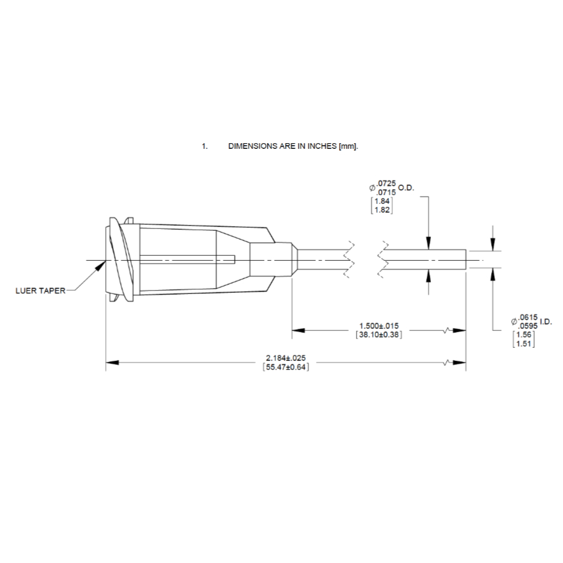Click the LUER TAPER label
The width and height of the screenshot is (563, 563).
tap(40, 290)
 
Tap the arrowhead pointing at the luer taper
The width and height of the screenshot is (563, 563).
tap(101, 266)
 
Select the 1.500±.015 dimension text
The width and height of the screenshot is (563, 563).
tap(379, 326)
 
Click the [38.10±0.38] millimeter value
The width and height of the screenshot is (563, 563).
tap(379, 335)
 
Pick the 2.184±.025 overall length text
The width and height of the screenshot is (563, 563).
tap(286, 358)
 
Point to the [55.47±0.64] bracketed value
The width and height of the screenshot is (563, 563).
tap(286, 367)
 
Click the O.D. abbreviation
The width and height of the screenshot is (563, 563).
tap(406, 188)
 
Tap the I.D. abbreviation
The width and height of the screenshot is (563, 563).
tap(545, 322)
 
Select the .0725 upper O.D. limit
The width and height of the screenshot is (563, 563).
tap(387, 184)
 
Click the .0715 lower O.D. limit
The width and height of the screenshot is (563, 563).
tap(387, 193)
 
